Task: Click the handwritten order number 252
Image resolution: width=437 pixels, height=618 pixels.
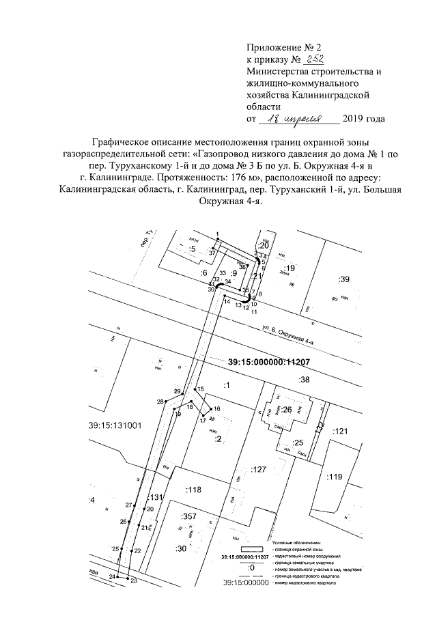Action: pos(296,59)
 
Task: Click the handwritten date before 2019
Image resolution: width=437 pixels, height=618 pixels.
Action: pos(300,118)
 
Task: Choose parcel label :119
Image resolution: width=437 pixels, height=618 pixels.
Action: pos(335,477)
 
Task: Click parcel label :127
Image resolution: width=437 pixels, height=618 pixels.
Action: pos(257,470)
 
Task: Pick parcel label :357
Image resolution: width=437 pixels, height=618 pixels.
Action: pos(188,516)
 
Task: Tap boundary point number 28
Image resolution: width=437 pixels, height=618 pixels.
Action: pos(160,402)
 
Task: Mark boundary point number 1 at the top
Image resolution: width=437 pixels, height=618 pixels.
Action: pos(216,234)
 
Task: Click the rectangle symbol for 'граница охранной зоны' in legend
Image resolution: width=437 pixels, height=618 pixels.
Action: pos(251,548)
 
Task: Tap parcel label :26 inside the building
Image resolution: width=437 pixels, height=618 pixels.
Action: pos(287,410)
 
